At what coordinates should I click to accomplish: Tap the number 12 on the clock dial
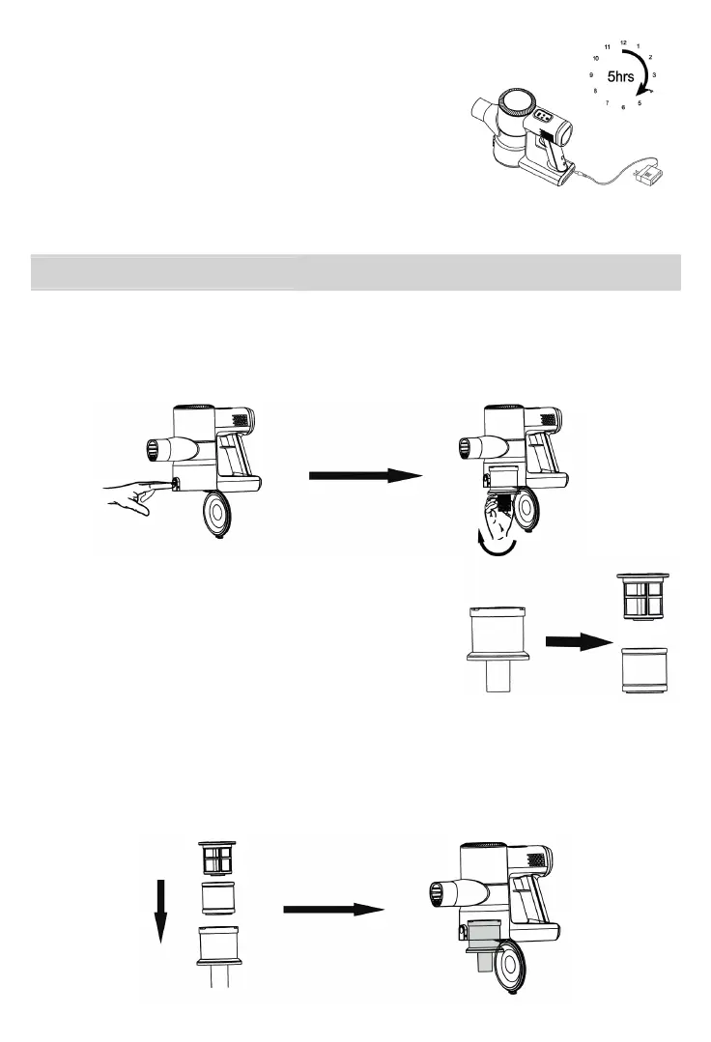click(x=624, y=42)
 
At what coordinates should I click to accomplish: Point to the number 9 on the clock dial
click(x=590, y=74)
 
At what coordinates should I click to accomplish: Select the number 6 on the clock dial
click(x=624, y=106)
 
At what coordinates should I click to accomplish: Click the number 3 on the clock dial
click(x=655, y=74)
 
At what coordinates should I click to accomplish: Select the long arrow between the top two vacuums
click(x=365, y=475)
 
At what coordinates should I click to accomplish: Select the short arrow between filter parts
click(x=580, y=640)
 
